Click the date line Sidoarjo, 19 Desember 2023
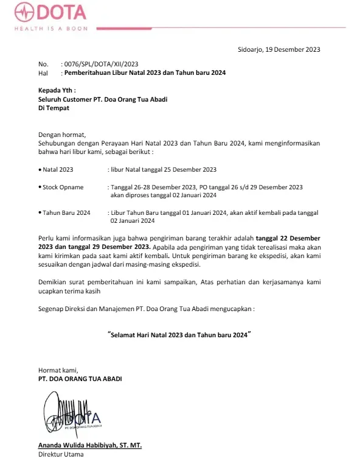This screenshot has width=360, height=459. point(279,49)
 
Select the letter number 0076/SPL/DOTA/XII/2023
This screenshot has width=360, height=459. point(100,64)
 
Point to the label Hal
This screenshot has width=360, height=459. point(43,72)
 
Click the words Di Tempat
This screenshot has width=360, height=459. point(54,108)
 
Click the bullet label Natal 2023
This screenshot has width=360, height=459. point(57,169)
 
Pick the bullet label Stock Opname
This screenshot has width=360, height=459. point(63,187)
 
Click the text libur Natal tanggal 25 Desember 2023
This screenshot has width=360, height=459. point(164,169)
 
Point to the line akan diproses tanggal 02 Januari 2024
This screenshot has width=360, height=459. point(164,195)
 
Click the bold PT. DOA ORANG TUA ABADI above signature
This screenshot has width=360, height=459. point(80,379)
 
